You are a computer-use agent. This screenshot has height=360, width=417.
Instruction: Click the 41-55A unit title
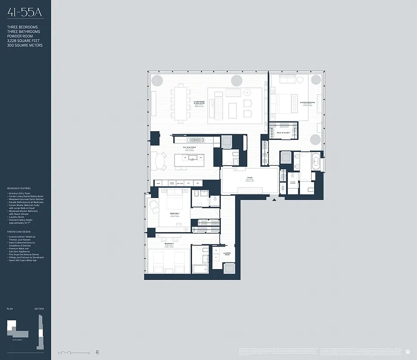pyautogui.click(x=25, y=13)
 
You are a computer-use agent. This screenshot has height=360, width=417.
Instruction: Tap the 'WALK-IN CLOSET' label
pyautogui.click(x=283, y=133)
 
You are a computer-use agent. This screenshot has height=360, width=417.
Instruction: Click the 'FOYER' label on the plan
pyautogui.click(x=250, y=178)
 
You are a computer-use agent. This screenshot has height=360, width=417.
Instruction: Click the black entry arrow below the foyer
pyautogui.click(x=274, y=198)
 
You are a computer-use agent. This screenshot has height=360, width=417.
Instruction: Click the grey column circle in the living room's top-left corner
pyautogui.click(x=157, y=81)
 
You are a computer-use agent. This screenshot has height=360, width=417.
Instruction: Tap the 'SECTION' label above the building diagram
pyautogui.click(x=39, y=309)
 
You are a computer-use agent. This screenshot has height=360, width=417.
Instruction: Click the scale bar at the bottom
pyautogui.click(x=72, y=352)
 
